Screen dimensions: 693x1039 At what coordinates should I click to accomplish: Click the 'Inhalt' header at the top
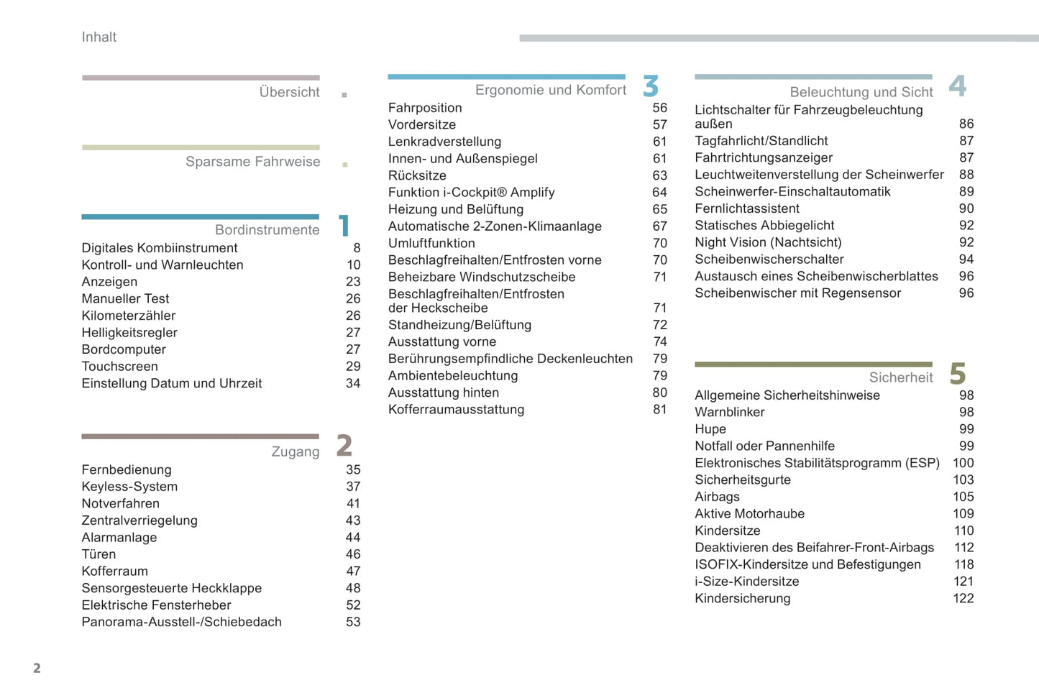tap(99, 37)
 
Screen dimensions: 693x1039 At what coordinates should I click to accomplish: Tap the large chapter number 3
tap(651, 86)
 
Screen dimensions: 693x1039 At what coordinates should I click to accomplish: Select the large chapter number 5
tap(957, 374)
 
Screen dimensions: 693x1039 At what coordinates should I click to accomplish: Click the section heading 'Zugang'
tap(295, 451)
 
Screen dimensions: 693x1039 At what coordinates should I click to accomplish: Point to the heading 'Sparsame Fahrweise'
tap(252, 162)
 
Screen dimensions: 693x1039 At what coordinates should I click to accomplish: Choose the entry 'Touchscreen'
tap(119, 367)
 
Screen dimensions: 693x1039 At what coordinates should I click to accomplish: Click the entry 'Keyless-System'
tap(129, 487)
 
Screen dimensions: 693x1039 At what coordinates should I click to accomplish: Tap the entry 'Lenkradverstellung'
tap(444, 142)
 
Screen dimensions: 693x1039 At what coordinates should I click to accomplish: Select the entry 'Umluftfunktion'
tap(431, 243)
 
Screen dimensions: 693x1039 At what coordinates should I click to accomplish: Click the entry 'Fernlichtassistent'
tap(746, 208)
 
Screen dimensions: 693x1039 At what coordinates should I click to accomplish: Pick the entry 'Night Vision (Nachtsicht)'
tap(768, 242)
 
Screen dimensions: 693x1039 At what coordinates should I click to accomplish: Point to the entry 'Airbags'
tap(717, 497)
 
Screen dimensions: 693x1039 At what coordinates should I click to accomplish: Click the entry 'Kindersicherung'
tap(742, 598)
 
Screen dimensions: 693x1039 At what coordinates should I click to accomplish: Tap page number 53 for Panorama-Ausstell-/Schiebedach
tap(353, 622)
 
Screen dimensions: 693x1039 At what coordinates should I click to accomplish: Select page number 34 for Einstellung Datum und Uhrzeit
tap(353, 383)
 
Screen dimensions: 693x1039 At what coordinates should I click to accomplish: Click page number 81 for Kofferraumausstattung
tap(659, 409)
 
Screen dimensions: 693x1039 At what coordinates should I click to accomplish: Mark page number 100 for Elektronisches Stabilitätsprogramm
tap(963, 463)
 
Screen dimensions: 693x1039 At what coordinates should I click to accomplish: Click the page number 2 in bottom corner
tap(37, 668)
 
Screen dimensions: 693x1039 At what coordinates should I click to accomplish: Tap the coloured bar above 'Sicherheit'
tap(813, 364)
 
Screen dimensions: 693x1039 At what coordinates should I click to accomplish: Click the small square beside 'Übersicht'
tap(344, 95)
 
